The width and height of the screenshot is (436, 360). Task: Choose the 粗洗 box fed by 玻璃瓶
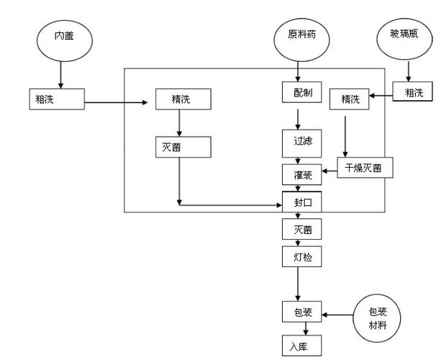tap(414, 92)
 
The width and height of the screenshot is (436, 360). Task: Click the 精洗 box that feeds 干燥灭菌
tap(349, 99)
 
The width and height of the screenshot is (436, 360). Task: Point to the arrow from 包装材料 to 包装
tap(340, 314)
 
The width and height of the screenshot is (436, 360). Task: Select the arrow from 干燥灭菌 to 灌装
tap(330, 171)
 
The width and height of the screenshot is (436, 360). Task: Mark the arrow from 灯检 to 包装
tap(298, 284)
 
